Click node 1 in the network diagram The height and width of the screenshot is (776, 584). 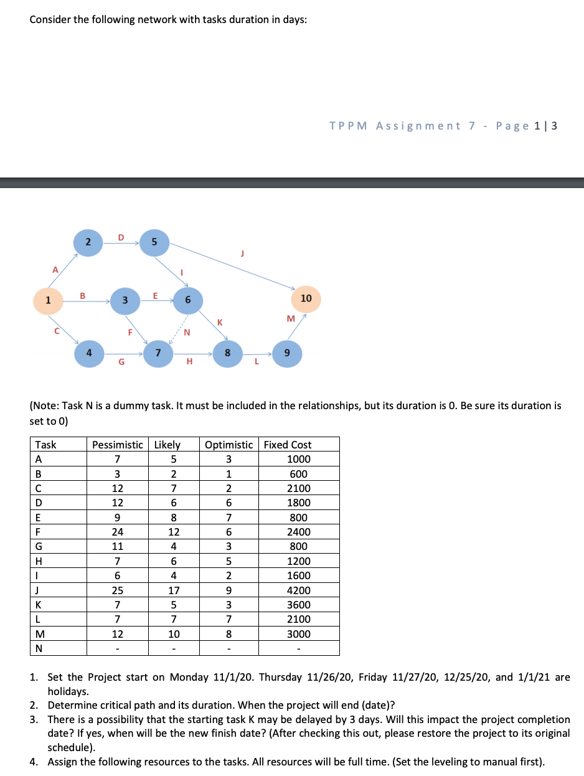click(48, 300)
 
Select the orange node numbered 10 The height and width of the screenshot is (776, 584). click(306, 299)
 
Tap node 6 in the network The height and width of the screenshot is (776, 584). click(187, 300)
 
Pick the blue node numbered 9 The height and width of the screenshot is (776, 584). click(286, 353)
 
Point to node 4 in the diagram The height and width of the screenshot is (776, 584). click(90, 353)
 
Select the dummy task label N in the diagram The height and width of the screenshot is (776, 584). click(187, 332)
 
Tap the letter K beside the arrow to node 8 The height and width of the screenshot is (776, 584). click(219, 322)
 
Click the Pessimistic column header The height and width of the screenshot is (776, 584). click(118, 445)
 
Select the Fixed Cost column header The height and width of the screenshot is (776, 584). click(288, 445)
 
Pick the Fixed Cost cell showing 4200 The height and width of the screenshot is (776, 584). click(299, 590)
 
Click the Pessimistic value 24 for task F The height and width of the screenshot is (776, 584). click(117, 532)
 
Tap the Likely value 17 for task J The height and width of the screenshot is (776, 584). click(174, 590)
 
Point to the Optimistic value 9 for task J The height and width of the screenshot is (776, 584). click(228, 590)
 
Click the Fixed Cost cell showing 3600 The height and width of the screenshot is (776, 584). click(299, 605)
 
